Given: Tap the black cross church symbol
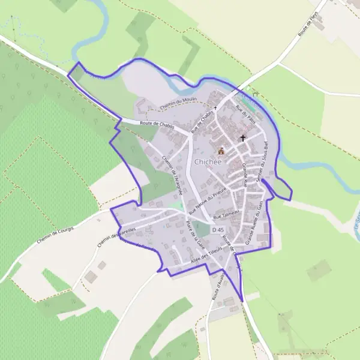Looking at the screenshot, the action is (x=243, y=138).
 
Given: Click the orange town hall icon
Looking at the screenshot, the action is (x=221, y=151).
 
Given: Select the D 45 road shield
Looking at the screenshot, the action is (x=218, y=230).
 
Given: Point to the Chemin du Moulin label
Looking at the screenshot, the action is (x=178, y=104).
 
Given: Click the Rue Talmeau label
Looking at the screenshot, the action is (x=226, y=215).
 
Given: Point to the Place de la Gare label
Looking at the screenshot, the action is (x=194, y=236).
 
